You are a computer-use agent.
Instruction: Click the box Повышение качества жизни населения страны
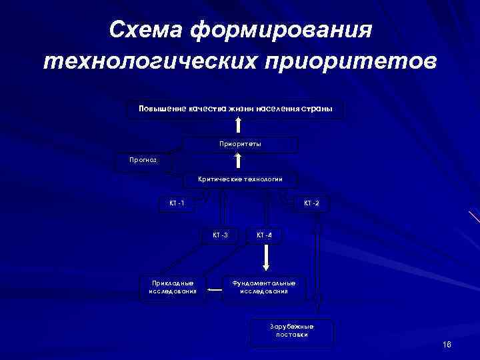pyautogui.click(x=235, y=109)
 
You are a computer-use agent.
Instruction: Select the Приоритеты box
pyautogui.click(x=240, y=144)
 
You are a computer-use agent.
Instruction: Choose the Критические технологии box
pyautogui.click(x=240, y=179)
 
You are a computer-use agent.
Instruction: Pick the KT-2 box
pyautogui.click(x=311, y=203)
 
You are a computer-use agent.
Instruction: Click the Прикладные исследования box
pyautogui.click(x=172, y=287)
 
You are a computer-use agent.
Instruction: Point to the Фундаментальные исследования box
pyautogui.click(x=263, y=287)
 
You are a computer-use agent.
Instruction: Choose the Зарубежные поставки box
pyautogui.click(x=291, y=331)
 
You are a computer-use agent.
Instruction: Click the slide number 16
pyautogui.click(x=447, y=344)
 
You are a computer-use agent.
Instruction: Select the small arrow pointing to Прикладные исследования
pyautogui.click(x=214, y=290)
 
